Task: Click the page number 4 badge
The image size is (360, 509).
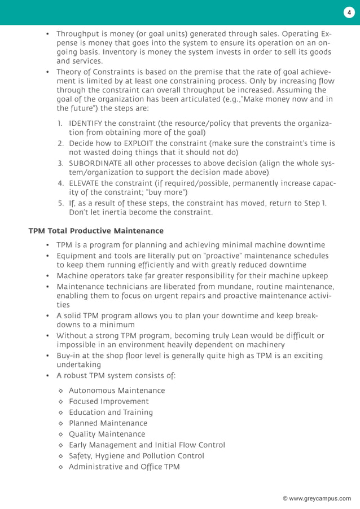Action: click(349, 12)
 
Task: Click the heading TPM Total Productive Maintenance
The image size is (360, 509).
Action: click(96, 231)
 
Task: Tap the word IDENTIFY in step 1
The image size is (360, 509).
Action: click(89, 123)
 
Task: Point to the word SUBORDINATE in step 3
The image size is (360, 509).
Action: click(98, 163)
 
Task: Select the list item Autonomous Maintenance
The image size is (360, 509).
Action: click(117, 390)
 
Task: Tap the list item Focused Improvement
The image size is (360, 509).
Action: click(109, 401)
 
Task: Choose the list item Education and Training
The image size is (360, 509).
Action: click(111, 412)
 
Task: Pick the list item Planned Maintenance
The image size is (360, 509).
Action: click(108, 423)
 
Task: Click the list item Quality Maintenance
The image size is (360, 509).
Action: click(107, 434)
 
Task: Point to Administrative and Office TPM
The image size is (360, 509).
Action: click(124, 467)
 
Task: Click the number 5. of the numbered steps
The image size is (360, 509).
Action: click(60, 203)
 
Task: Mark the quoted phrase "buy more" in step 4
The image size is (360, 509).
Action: click(166, 192)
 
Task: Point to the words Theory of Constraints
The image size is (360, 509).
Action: click(96, 72)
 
